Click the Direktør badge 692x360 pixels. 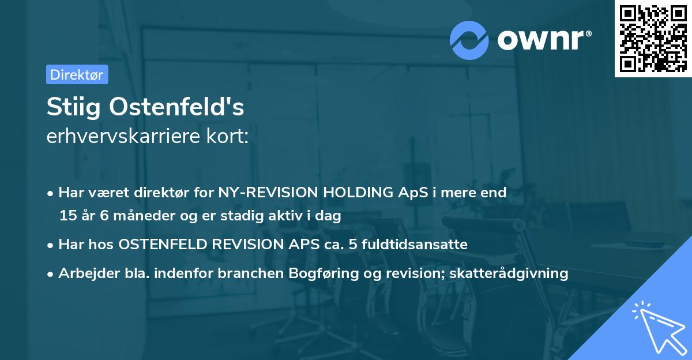[77, 74]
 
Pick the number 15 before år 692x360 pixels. [67, 216]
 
